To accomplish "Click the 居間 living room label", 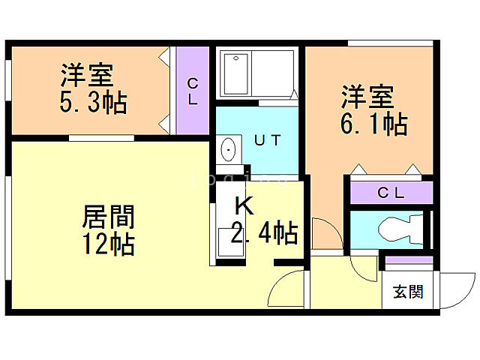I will pos(109,217).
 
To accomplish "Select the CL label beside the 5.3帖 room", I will pos(193,91).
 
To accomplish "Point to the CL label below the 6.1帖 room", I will pos(390,193).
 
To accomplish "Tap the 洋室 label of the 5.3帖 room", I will pos(87,76).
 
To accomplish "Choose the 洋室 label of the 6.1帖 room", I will pos(368,97).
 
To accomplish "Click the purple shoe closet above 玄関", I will pos(409,261).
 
